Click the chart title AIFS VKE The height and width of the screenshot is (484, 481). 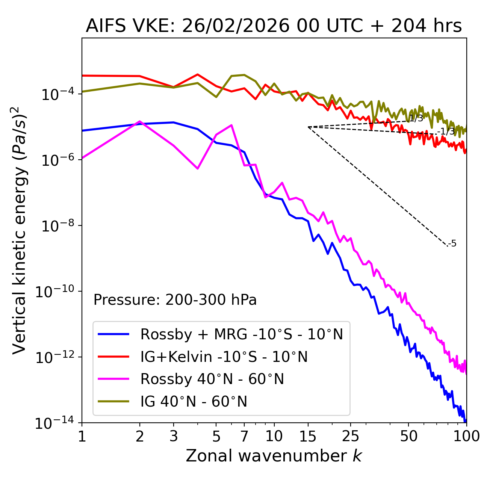(274, 26)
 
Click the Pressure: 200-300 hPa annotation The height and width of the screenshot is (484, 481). (175, 300)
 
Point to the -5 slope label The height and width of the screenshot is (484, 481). (452, 244)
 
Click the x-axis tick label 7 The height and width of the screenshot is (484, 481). (244, 436)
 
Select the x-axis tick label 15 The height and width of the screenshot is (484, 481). (308, 436)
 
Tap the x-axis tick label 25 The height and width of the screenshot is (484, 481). (350, 436)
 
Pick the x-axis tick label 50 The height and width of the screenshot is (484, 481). (408, 436)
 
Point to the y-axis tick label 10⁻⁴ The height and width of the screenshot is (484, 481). (57, 94)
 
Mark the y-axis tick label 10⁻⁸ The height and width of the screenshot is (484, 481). (57, 226)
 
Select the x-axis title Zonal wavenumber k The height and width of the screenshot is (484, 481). (274, 456)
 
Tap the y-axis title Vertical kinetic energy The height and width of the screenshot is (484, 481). (20, 230)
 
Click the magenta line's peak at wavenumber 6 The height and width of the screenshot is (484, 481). (231, 125)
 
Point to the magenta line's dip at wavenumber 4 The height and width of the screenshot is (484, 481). (198, 168)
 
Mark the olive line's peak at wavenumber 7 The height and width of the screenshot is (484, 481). (244, 75)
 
